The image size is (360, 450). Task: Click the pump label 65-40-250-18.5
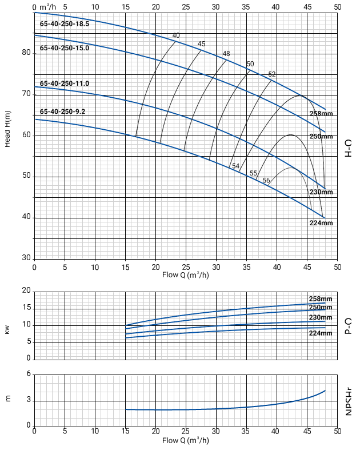[x=65, y=24]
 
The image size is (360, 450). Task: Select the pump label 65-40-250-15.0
[x=65, y=48]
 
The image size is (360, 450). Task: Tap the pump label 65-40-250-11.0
[x=65, y=83]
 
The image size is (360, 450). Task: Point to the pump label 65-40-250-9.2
[x=63, y=111]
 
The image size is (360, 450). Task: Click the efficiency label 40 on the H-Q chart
[x=176, y=35]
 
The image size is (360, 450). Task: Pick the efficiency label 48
[x=226, y=54]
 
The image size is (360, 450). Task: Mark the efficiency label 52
[x=272, y=74]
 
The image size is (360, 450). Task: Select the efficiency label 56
[x=266, y=181]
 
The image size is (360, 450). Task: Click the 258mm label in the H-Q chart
[x=321, y=114]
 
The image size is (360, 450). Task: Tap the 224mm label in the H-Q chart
[x=321, y=223]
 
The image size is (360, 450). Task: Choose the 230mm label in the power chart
[x=321, y=317]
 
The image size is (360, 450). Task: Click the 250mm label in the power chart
[x=321, y=307]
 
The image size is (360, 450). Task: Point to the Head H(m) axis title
[x=8, y=129]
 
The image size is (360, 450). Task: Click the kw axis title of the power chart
[x=8, y=330]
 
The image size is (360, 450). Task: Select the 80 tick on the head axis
[x=26, y=53]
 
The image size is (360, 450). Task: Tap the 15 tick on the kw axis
[x=26, y=308]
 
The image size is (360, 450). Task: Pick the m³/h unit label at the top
[x=49, y=6]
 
